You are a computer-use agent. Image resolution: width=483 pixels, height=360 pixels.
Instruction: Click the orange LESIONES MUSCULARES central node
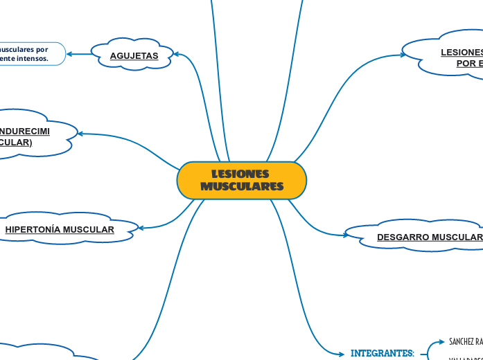pyautogui.click(x=241, y=180)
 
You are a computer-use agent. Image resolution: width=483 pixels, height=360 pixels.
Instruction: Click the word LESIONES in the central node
pyautogui.click(x=240, y=174)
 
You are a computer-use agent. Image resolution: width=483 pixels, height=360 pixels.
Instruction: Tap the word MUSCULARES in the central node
pyautogui.click(x=242, y=186)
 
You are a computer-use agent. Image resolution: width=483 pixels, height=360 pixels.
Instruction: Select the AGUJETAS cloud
pyautogui.click(x=134, y=55)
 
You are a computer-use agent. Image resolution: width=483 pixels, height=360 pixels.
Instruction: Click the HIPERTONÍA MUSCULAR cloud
pyautogui.click(x=60, y=229)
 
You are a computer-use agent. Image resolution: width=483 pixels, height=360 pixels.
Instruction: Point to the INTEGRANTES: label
pyautogui.click(x=382, y=353)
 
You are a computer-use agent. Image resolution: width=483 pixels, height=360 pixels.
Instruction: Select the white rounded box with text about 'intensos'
pyautogui.click(x=31, y=54)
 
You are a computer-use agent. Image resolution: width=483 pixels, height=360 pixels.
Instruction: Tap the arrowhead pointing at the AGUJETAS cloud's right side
pyautogui.click(x=177, y=54)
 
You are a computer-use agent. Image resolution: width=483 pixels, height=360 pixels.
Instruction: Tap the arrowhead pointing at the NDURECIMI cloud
pyautogui.click(x=81, y=134)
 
